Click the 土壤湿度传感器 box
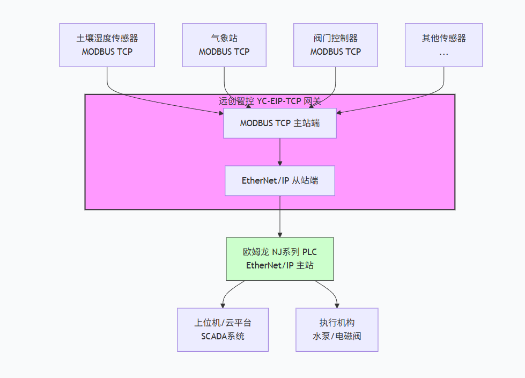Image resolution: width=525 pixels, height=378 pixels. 107,45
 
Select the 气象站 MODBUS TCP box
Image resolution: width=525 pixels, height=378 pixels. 224,45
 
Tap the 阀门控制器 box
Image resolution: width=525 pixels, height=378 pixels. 336,45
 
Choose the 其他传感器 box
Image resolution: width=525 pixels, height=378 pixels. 443,45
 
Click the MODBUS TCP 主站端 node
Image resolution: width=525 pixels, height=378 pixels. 280,123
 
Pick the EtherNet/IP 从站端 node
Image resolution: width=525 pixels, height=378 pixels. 280,180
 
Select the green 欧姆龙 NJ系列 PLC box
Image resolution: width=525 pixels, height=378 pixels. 280,259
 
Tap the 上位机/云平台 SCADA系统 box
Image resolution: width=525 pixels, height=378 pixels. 223,330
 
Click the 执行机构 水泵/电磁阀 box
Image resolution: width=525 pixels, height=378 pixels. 337,330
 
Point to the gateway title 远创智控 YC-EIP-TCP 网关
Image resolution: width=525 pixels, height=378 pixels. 270,101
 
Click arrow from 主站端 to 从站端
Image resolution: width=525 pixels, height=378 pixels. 280,152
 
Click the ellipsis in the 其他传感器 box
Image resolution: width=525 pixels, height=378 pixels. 443,53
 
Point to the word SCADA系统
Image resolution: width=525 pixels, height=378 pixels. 223,337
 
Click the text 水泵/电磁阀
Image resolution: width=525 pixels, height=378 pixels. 337,337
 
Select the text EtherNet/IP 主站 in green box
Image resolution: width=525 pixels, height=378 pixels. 280,265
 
